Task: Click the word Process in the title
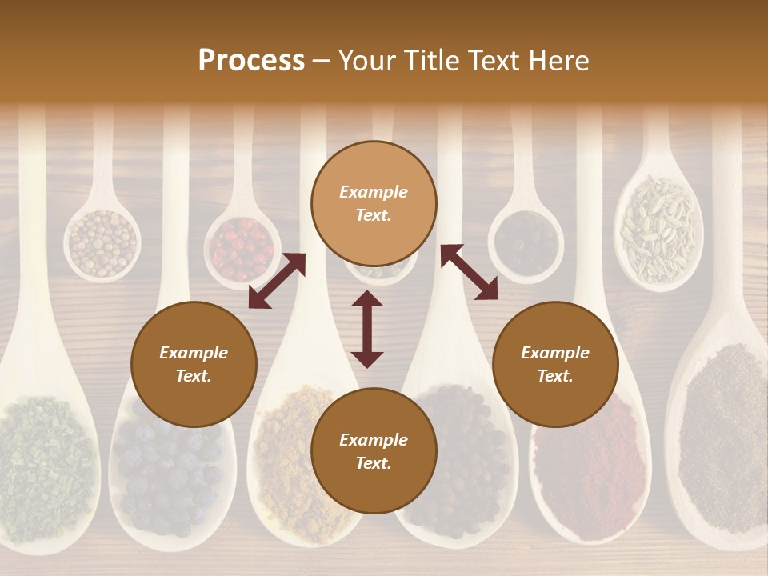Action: click(x=251, y=60)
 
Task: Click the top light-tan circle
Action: click(x=374, y=204)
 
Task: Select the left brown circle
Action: click(x=194, y=365)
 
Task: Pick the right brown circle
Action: click(x=555, y=365)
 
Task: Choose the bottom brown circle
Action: click(x=374, y=451)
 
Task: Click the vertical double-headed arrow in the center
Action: click(x=367, y=329)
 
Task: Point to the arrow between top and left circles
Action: click(x=277, y=281)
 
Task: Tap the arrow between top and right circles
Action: click(x=469, y=272)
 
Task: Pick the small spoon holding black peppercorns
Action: click(x=526, y=241)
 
